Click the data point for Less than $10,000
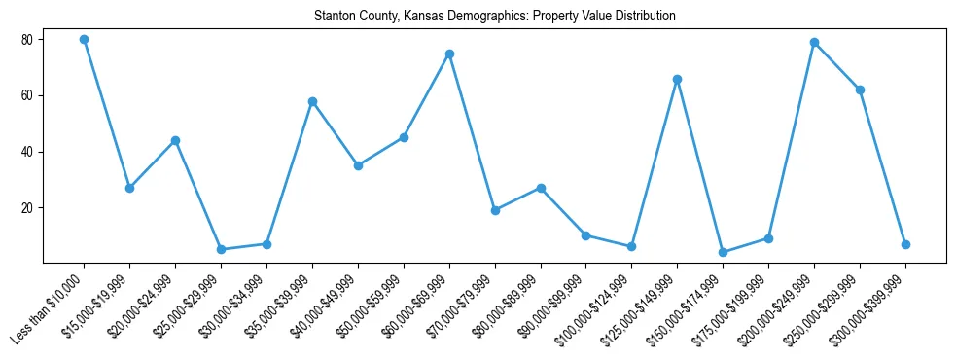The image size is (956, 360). coord(84,40)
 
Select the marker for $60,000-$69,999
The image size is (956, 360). coord(449,54)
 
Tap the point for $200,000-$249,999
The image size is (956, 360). coord(814,43)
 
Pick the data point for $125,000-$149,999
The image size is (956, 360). coord(677,79)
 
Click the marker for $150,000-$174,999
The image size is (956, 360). coord(723,252)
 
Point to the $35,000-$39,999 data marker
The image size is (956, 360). coord(312,101)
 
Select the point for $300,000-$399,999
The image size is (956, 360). coord(905,244)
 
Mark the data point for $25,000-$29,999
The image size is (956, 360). coord(221,249)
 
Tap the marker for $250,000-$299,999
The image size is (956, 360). coord(860,90)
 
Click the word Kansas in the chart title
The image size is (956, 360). coord(424,17)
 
